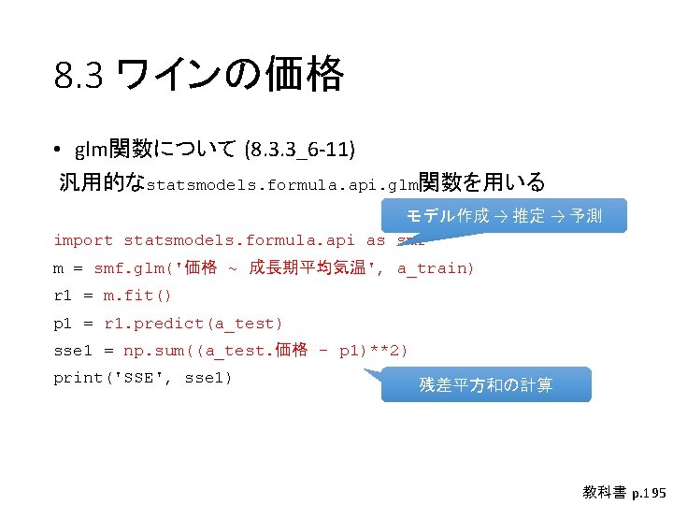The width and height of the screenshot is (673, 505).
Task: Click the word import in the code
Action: point(83,240)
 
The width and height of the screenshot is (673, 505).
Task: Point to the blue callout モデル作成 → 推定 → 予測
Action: point(504,216)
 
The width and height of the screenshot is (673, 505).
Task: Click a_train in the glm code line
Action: point(436,268)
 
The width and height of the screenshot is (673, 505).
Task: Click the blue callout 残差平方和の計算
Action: point(486,384)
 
